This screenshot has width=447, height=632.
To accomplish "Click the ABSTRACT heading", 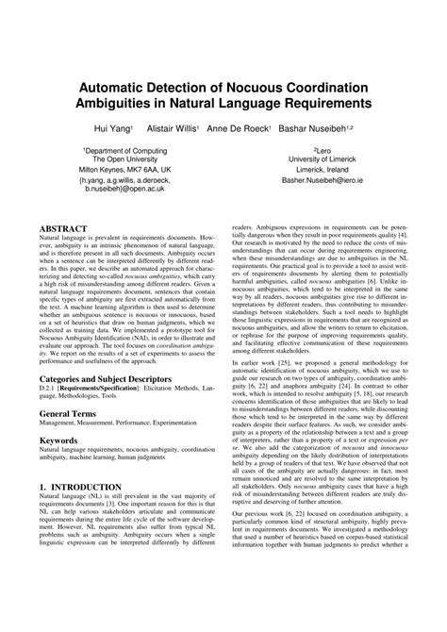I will (62, 227).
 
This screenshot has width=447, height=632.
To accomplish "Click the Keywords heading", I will (58, 465).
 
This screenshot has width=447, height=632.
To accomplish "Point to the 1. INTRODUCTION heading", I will (82, 539).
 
